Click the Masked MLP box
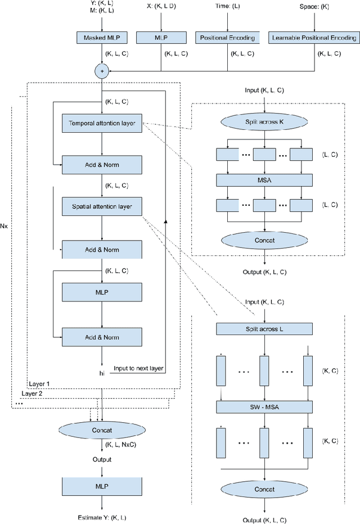102,38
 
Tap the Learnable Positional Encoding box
313,38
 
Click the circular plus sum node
102,71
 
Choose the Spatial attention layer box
102,206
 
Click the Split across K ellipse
264,123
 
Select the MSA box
264,180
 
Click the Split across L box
264,329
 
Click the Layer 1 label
39,383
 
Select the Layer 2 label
32,393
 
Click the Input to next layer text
138,368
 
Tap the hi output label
102,372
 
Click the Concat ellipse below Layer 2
102,430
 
